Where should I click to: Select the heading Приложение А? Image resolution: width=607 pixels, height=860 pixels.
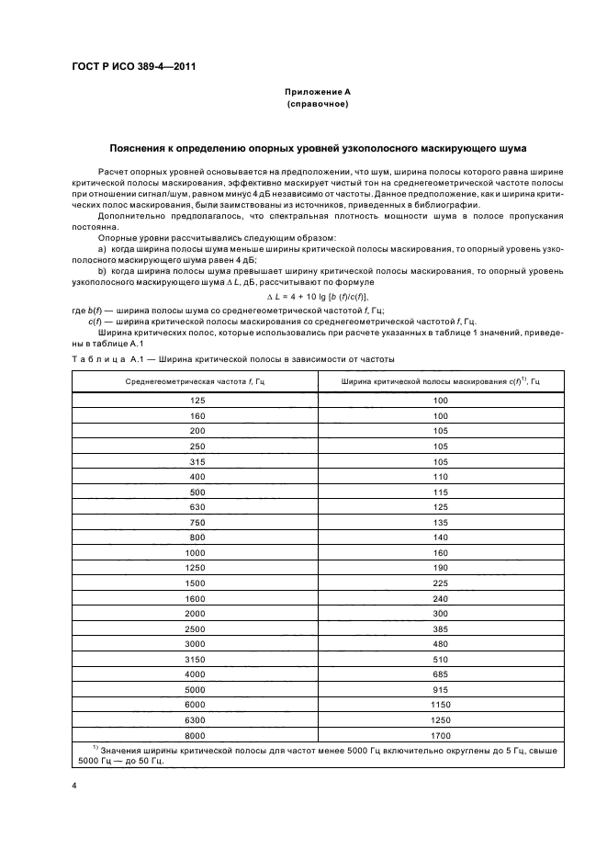pos(317,93)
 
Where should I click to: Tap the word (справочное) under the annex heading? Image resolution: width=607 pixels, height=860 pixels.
pos(317,105)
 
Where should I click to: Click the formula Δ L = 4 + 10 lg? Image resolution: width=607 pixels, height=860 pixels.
pos(317,298)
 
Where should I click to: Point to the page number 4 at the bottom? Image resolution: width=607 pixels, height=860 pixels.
pos(74,786)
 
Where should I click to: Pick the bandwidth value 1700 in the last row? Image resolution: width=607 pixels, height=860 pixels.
pos(440,736)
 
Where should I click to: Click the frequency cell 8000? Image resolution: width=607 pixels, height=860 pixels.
pos(195,736)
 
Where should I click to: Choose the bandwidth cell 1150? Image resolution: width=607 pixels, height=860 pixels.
pos(440,706)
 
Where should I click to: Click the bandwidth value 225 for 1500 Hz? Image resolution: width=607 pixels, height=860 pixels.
pos(440,583)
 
